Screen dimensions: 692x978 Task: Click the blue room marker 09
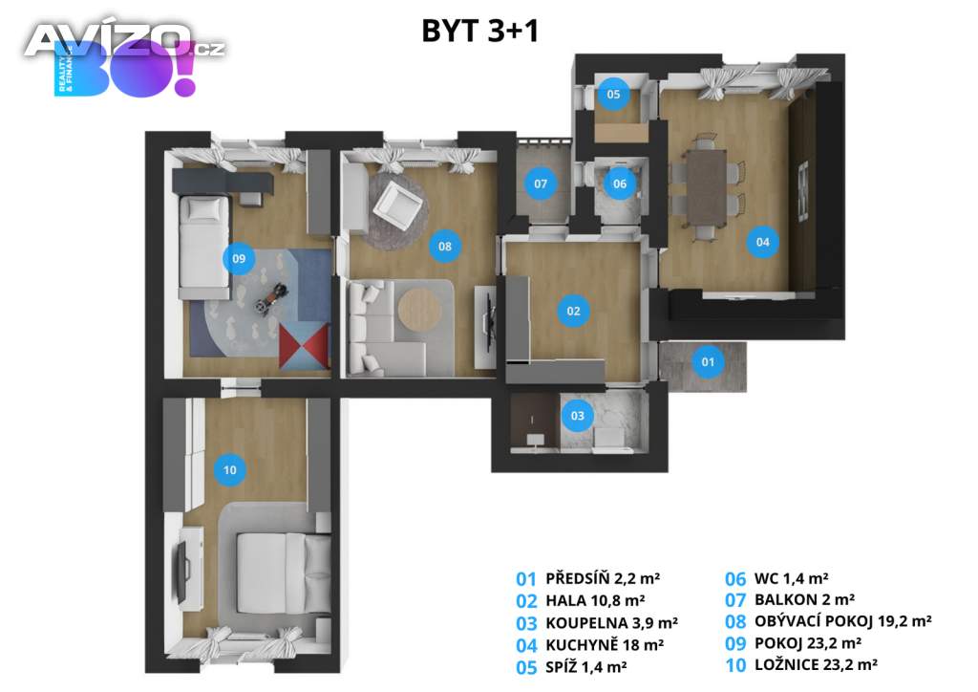[239, 257]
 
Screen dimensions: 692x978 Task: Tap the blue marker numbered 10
[229, 469]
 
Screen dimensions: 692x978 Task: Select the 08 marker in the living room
[445, 246]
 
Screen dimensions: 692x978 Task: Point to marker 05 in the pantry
[613, 95]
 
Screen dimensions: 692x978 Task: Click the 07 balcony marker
[541, 183]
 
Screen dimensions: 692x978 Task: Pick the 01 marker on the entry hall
[708, 362]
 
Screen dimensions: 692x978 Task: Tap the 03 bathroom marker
[578, 416]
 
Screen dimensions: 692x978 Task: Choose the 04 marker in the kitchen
[762, 242]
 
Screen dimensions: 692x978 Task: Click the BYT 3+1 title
[480, 32]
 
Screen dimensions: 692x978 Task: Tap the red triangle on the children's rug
[304, 345]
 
